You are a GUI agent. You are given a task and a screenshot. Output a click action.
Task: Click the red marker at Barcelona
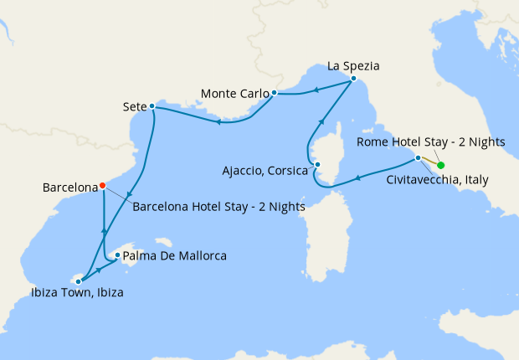click(102, 185)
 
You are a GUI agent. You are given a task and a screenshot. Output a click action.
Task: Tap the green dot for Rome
click(441, 165)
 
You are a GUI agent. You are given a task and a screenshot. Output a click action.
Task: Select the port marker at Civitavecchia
click(418, 157)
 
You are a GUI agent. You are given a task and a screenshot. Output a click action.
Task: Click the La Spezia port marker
click(353, 79)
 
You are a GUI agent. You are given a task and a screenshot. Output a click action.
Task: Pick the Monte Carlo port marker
click(274, 92)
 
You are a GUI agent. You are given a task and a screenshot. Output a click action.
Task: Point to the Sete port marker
click(152, 106)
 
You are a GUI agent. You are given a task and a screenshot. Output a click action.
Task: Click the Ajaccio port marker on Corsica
click(315, 165)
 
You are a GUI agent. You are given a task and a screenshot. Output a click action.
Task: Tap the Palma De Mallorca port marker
click(117, 255)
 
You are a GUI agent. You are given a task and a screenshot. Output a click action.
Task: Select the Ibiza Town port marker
click(79, 281)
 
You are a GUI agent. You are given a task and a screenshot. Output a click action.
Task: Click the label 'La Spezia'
click(353, 64)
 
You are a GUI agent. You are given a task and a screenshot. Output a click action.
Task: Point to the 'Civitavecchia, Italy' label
click(437, 179)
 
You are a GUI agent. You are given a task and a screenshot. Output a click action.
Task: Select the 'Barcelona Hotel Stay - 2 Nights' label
click(218, 206)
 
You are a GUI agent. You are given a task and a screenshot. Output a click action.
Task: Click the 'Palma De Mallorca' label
click(175, 255)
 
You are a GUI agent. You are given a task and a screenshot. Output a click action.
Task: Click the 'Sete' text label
click(134, 106)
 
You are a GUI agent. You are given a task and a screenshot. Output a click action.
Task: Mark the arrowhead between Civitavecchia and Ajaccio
click(357, 177)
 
